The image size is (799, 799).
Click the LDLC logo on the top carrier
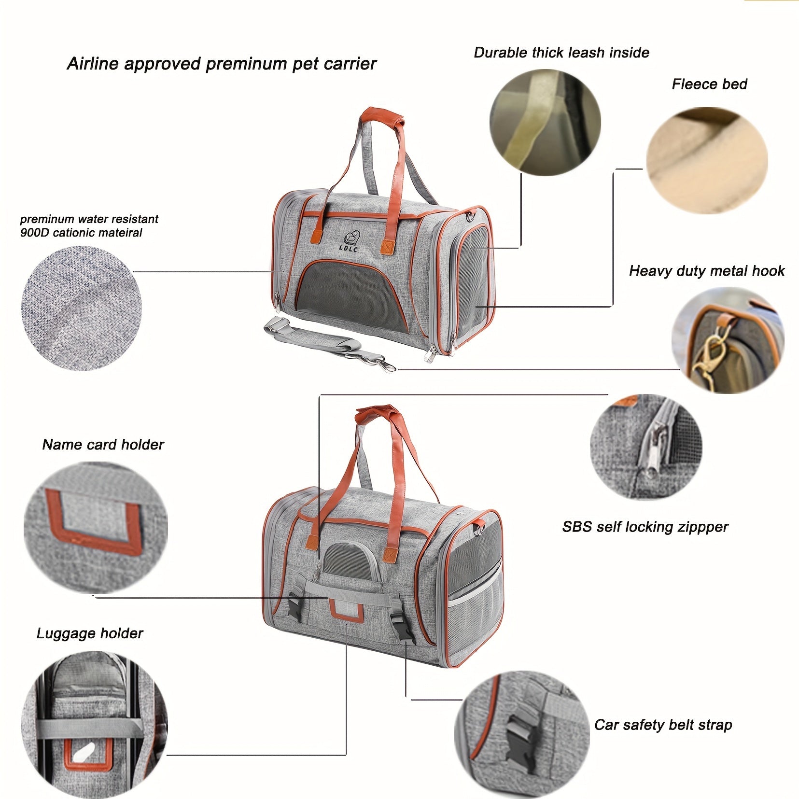349,241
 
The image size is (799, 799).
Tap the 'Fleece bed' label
709,84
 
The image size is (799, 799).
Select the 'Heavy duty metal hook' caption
707,271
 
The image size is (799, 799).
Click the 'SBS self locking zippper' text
645,527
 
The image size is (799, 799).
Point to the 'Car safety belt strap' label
663,725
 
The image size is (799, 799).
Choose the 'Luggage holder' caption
90,633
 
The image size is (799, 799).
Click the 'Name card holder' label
103,445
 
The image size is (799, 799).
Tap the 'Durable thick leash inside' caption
561,53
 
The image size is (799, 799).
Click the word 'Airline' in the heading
93,64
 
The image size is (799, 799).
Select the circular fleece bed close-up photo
707,161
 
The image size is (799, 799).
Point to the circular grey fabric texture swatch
82,308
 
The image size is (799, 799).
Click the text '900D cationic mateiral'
81,233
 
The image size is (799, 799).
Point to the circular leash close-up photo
545,123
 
